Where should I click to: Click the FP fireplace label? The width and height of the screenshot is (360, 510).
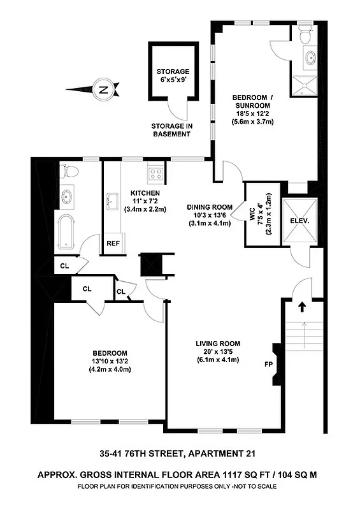(268, 365)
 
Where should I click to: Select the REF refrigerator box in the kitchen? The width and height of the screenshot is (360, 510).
(113, 243)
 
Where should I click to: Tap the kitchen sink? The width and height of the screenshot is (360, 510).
(114, 203)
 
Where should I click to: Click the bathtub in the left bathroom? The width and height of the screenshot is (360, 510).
(67, 231)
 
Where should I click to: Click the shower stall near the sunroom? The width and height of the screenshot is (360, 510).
(305, 84)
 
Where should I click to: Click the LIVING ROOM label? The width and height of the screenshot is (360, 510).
(217, 345)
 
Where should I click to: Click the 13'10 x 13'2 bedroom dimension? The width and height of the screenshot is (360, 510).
(110, 361)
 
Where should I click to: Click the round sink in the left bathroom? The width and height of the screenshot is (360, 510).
(66, 198)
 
